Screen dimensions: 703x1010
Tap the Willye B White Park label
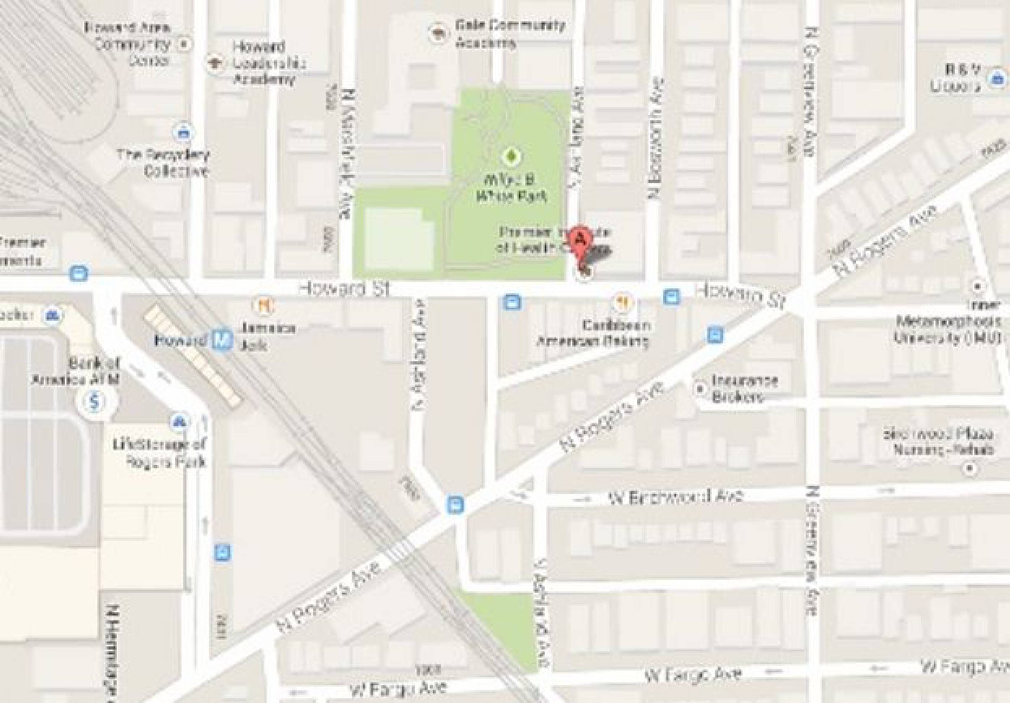pyautogui.click(x=511, y=188)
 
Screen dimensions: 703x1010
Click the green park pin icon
pyautogui.click(x=511, y=155)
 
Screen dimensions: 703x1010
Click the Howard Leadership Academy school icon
pyautogui.click(x=215, y=63)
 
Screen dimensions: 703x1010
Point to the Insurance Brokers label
pyautogui.click(x=744, y=388)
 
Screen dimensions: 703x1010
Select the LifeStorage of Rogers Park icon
pyautogui.click(x=179, y=421)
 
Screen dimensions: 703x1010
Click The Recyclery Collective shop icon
pyautogui.click(x=183, y=131)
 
